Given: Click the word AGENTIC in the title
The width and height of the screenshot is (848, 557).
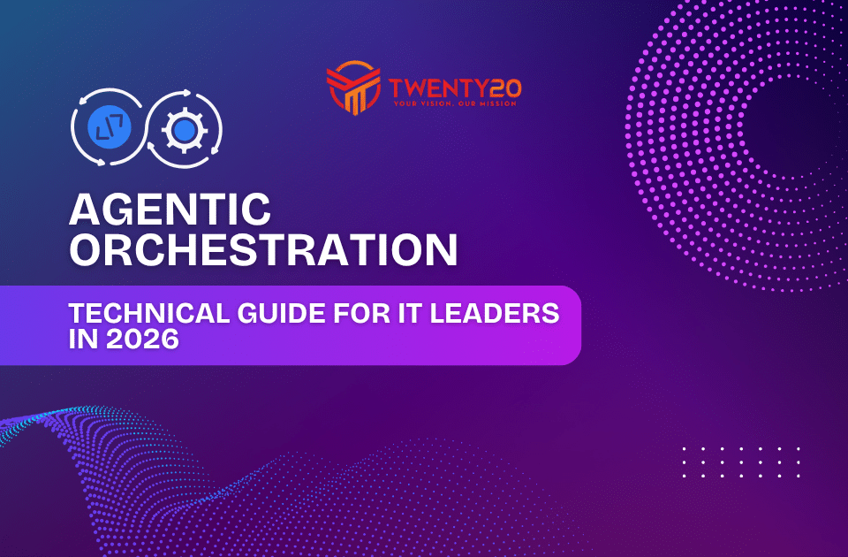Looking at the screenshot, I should (x=170, y=210).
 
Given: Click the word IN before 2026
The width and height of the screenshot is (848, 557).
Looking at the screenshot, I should (x=82, y=339).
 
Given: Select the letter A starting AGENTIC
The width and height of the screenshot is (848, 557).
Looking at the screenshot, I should (x=85, y=210).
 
